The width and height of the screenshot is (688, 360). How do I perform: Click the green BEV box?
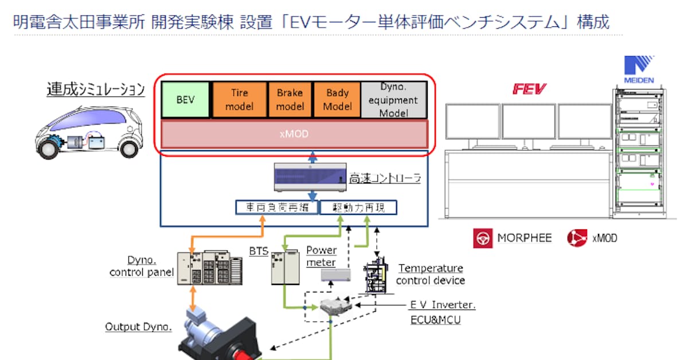tap(186, 100)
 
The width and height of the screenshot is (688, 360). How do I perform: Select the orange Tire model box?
tap(239, 100)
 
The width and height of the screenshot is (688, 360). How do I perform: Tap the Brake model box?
tap(290, 100)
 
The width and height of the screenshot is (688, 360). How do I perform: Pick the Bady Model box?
tap(337, 100)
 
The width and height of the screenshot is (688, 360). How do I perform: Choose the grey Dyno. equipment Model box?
tap(394, 100)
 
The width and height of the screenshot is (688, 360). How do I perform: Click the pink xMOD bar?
tap(294, 134)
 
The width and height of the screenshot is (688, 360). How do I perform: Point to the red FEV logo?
tap(529, 89)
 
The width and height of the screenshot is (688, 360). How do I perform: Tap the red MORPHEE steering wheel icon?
tap(482, 238)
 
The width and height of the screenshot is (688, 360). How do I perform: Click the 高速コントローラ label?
tap(386, 178)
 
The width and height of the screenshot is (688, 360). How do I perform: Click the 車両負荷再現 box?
tap(276, 208)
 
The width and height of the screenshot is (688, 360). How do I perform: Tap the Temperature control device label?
tap(430, 274)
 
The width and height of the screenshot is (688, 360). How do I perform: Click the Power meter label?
tap(322, 256)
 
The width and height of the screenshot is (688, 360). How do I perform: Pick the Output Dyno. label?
tap(138, 327)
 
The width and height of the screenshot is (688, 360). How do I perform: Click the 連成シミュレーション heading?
tap(95, 91)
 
